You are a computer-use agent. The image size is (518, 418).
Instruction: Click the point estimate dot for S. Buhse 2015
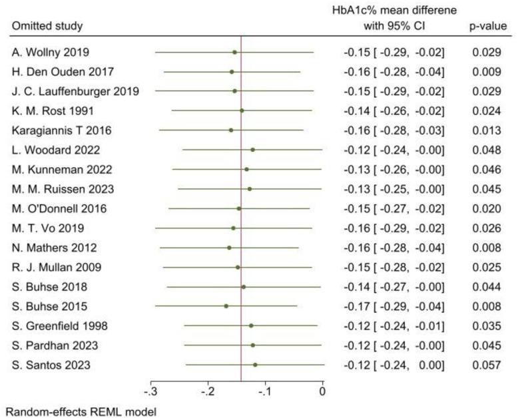point(226,306)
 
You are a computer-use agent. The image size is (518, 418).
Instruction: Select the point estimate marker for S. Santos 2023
point(255,365)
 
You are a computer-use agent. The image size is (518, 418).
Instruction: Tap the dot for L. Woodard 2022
point(252,150)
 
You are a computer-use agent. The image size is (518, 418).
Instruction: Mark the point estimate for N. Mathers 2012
point(230,248)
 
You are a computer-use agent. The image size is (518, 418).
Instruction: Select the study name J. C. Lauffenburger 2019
point(75,91)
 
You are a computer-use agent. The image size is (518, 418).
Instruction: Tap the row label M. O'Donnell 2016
point(59,208)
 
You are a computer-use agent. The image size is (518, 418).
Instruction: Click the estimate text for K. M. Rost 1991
point(394,110)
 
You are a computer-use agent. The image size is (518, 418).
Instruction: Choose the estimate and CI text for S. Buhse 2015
point(394,306)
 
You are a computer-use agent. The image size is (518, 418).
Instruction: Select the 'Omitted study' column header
point(47,26)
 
